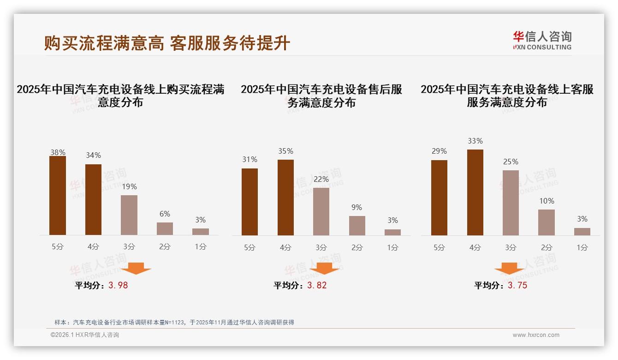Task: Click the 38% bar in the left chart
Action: tap(58, 195)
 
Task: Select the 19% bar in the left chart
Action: tap(129, 215)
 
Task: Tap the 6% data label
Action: tap(165, 214)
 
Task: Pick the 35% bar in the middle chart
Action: tap(285, 198)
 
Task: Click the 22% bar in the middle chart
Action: tap(321, 211)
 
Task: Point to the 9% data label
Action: tap(357, 208)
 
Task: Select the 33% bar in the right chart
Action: tap(475, 192)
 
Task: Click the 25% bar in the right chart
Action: tap(511, 203)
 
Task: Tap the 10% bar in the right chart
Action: tap(547, 222)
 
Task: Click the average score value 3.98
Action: tap(118, 285)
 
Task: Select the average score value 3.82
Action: tap(317, 285)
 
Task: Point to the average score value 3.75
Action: tap(517, 285)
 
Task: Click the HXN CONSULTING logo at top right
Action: tap(542, 41)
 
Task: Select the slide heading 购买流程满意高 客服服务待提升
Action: tap(167, 43)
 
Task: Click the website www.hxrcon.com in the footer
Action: tap(536, 335)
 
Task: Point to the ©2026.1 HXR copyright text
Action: tap(84, 335)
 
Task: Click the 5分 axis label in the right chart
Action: tap(439, 247)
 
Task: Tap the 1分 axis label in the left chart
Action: tap(200, 246)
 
